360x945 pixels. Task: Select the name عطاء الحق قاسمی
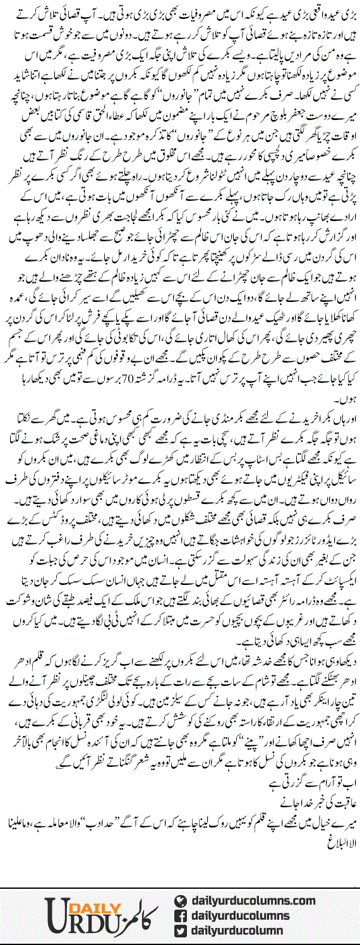pos(95,132)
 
